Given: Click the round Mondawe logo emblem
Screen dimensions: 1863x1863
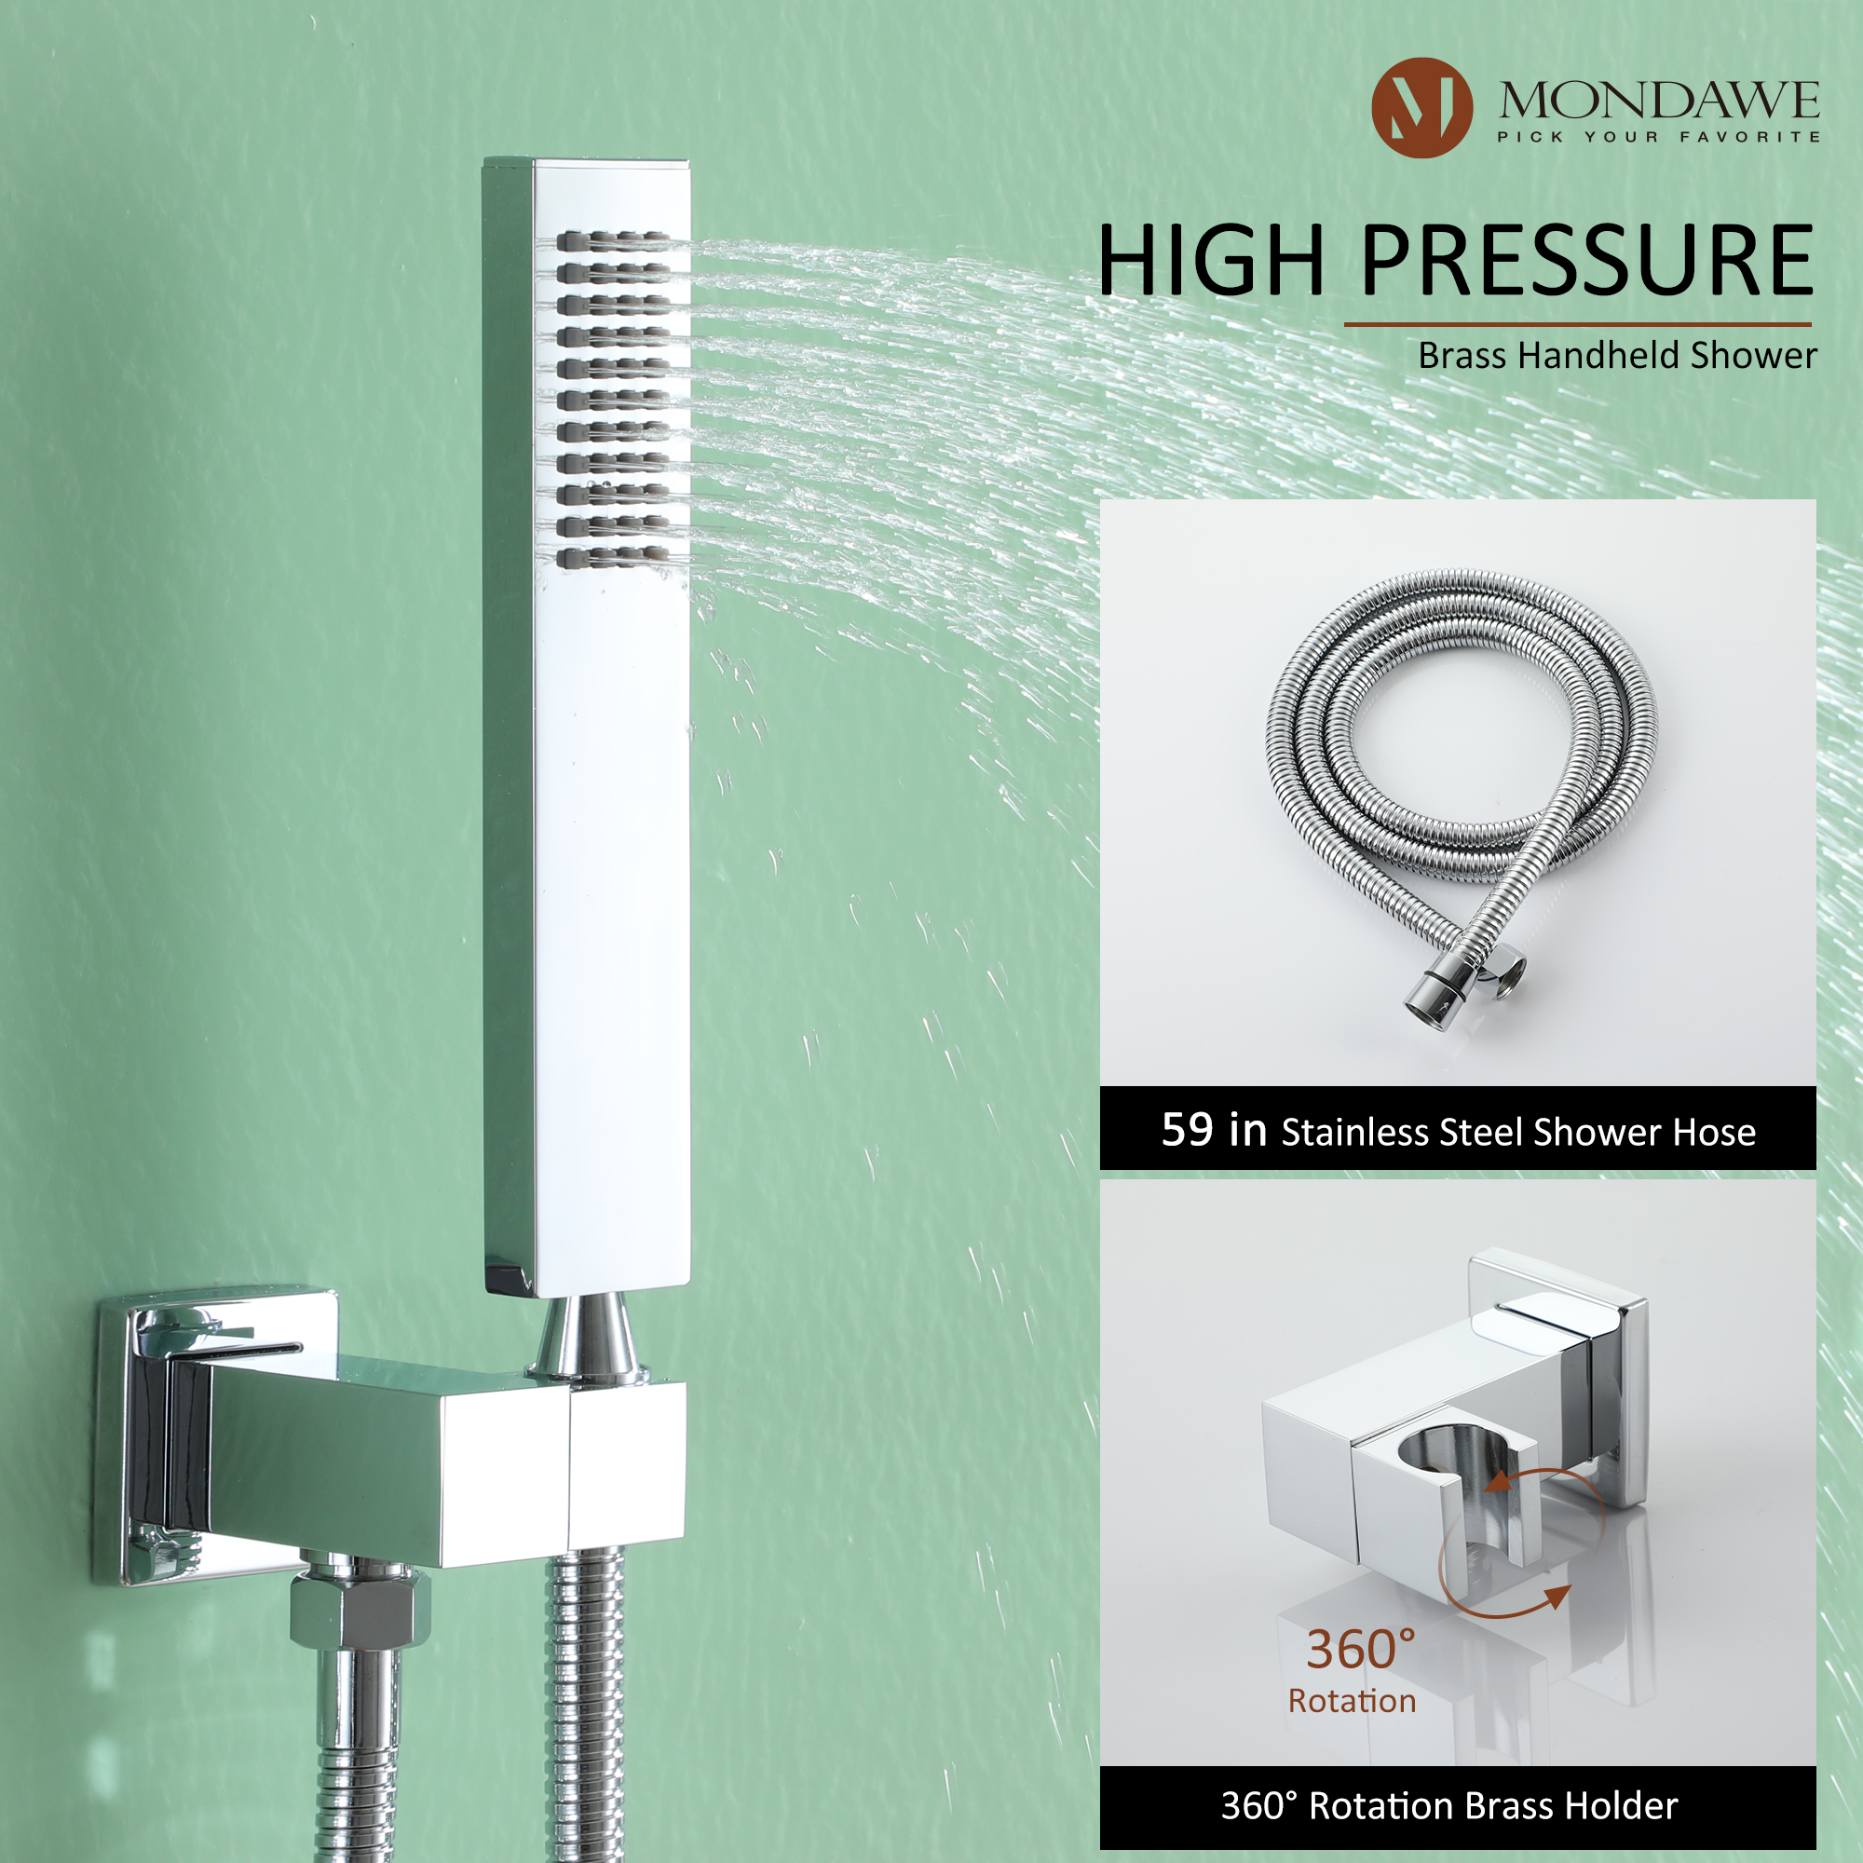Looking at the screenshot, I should (x=1421, y=107).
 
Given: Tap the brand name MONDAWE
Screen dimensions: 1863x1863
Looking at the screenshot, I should (x=1659, y=102).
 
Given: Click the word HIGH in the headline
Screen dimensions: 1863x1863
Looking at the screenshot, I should (x=1211, y=261).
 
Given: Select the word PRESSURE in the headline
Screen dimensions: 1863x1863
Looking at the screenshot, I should (x=1587, y=261).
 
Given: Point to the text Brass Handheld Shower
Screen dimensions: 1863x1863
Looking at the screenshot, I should (x=1616, y=356).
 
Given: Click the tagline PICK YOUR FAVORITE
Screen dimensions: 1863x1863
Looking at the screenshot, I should (x=1659, y=137).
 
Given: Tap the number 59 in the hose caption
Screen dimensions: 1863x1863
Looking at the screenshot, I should (x=1187, y=1129).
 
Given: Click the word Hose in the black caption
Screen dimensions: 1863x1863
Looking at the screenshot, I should (x=1714, y=1132).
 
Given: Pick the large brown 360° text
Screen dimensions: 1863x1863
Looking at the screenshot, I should (x=1361, y=1649).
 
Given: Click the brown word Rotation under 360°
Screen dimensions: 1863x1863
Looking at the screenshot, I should (x=1352, y=1701).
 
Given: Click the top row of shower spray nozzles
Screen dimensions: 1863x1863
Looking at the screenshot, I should (x=612, y=241).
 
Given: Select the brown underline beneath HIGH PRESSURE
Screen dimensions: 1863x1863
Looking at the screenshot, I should (x=1578, y=324).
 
